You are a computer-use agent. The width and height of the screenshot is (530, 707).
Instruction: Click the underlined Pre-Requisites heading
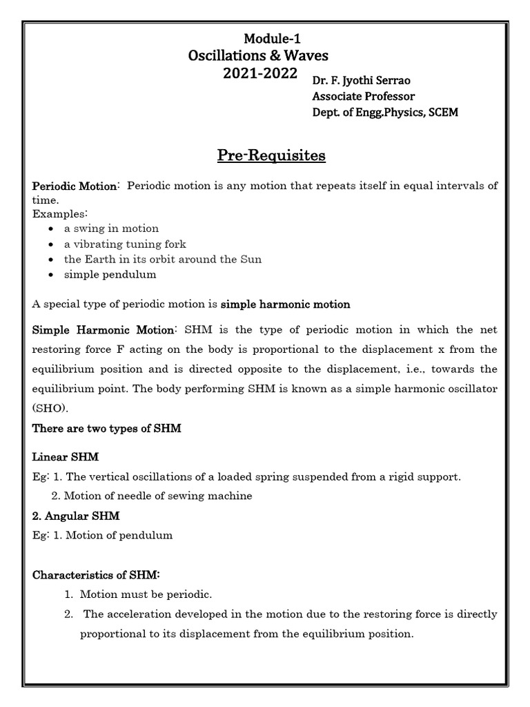click(271, 156)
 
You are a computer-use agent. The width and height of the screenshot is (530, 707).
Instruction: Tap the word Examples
click(59, 213)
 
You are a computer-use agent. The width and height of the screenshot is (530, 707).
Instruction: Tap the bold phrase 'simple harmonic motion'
click(285, 304)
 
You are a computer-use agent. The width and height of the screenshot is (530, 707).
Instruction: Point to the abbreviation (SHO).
click(50, 407)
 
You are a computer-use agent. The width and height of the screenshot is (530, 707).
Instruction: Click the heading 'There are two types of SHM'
click(107, 428)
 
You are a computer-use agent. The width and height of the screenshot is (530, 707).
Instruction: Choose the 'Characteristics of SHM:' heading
click(97, 574)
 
